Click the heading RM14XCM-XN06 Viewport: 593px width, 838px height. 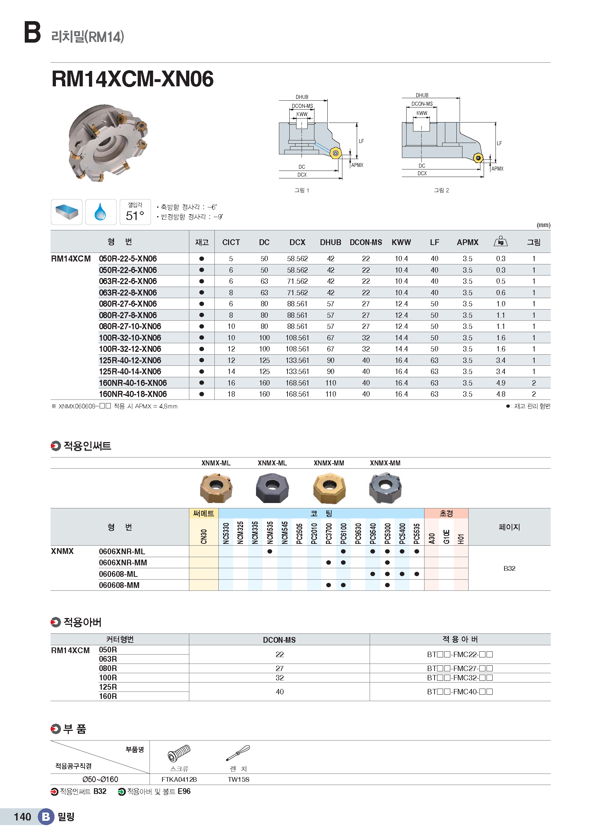click(x=133, y=79)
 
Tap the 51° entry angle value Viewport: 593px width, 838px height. click(x=135, y=215)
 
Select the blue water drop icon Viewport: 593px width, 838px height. click(x=100, y=212)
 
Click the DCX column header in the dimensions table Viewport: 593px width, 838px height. click(x=297, y=242)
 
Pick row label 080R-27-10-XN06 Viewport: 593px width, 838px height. click(x=130, y=326)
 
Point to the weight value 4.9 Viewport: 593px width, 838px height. click(x=500, y=383)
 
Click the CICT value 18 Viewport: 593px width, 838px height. click(x=231, y=394)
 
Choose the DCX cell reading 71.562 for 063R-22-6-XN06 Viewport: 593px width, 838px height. click(x=297, y=281)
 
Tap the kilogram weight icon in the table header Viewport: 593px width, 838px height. click(x=500, y=241)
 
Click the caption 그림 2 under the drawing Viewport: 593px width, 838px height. click(x=441, y=190)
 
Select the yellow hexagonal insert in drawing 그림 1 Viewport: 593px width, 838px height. click(x=336, y=153)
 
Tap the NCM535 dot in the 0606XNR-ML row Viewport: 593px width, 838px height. click(x=270, y=551)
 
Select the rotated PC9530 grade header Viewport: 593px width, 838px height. click(x=358, y=533)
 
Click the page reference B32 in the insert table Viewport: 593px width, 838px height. click(x=509, y=568)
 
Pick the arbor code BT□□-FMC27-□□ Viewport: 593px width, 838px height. click(x=460, y=668)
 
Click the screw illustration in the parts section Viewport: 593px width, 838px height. click(x=179, y=753)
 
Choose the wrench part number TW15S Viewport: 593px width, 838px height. click(x=238, y=779)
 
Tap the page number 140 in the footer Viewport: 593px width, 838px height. click(x=22, y=817)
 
